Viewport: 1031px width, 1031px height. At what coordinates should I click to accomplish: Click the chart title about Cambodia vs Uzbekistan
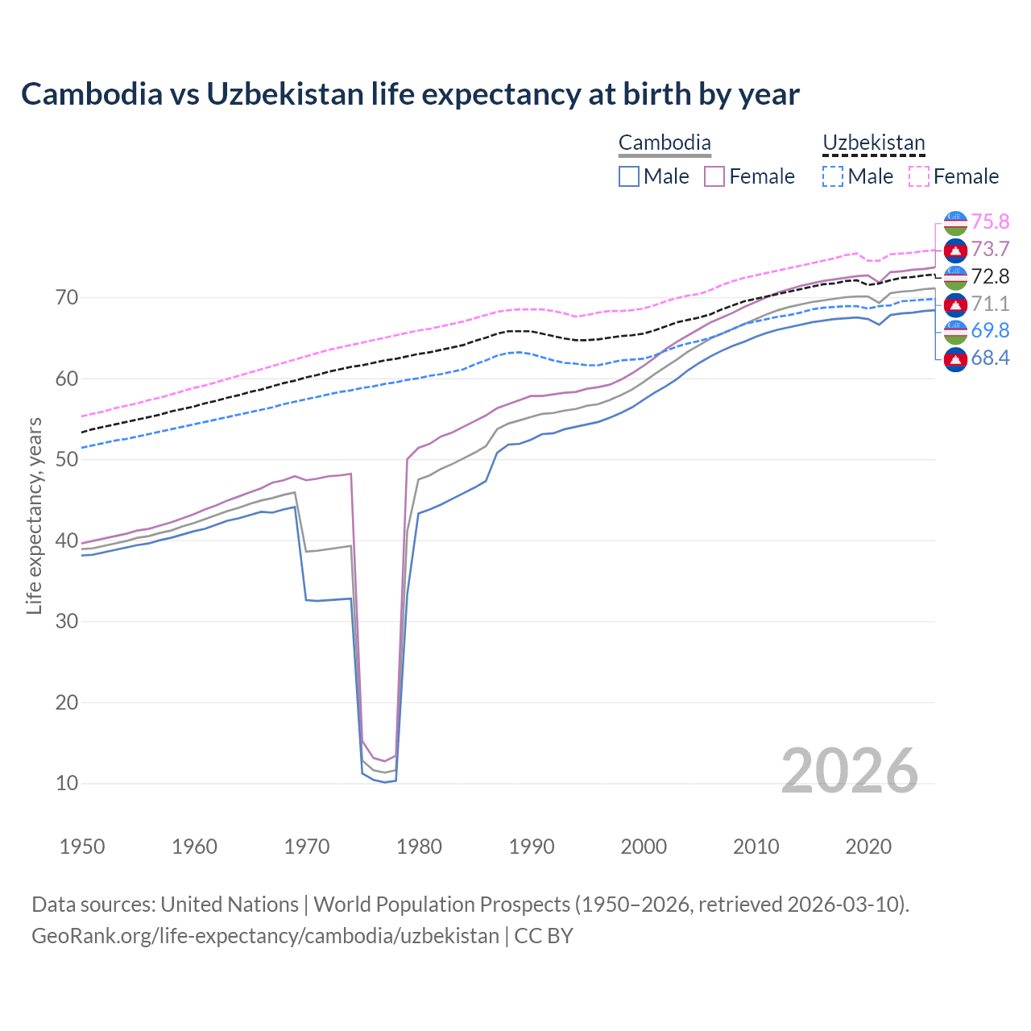point(410,94)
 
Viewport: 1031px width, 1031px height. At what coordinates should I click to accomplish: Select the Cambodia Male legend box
point(629,176)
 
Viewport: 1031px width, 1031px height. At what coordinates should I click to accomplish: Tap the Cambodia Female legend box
point(714,176)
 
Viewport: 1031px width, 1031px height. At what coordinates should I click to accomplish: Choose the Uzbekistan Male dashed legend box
point(833,176)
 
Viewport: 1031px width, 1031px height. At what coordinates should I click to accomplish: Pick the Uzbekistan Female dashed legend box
point(919,176)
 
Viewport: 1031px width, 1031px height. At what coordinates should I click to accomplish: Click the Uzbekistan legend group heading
point(873,143)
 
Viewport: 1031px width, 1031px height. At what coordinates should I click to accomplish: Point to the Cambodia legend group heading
point(665,143)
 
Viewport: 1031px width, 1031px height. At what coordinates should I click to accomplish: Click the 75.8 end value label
point(990,222)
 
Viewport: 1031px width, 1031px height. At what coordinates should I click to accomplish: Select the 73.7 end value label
point(990,249)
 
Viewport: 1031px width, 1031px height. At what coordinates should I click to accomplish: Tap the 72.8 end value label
point(990,276)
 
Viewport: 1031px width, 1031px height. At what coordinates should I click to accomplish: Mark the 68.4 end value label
point(990,358)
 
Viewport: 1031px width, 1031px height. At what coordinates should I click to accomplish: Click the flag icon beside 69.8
point(955,331)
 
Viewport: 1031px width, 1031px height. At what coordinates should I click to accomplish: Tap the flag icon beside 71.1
point(955,304)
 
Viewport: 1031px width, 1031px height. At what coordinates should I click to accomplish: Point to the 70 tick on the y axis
point(67,298)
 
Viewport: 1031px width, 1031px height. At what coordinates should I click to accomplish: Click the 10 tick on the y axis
point(67,783)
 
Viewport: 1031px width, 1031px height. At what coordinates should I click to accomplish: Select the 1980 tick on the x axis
point(419,847)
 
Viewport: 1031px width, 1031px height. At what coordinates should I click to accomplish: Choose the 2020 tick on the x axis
point(868,847)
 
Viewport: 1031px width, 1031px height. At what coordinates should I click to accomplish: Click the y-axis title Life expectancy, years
point(34,515)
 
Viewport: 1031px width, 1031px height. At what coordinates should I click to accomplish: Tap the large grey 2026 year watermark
point(850,771)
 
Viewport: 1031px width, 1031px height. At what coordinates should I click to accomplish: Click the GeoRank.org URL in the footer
point(265,936)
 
